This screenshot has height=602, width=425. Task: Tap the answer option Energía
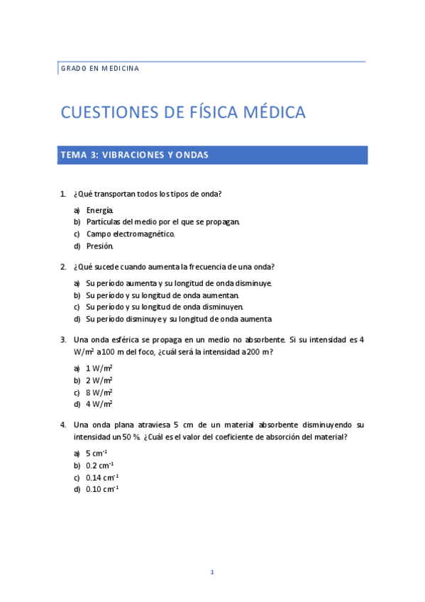(99, 210)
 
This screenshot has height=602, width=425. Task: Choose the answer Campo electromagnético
(130, 234)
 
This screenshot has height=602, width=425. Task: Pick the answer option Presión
(99, 246)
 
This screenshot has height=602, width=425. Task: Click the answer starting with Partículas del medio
(162, 221)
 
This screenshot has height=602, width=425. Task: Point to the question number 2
(63, 267)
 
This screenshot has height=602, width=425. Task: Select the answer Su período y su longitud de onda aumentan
(162, 295)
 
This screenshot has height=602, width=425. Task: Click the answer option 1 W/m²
(99, 368)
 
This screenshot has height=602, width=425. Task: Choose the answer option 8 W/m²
(99, 392)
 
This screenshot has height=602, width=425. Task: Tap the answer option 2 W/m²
(99, 380)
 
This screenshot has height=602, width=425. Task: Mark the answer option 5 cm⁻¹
(96, 453)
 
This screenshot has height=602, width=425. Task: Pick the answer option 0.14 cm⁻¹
(102, 477)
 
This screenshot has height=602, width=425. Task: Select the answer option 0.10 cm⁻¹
(102, 488)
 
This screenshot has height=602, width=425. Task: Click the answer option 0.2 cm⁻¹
(99, 465)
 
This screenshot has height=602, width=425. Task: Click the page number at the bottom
(211, 572)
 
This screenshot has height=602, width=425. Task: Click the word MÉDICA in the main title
(272, 112)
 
